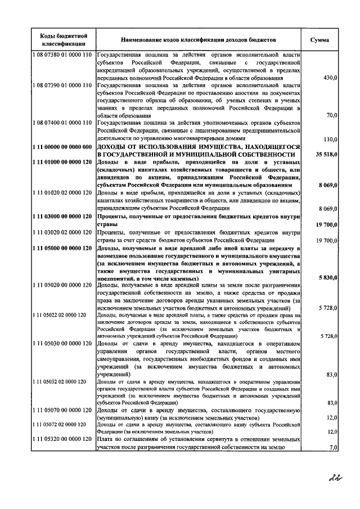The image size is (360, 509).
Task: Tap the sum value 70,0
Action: click(x=330, y=115)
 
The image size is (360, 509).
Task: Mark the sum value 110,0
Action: click(x=328, y=139)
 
